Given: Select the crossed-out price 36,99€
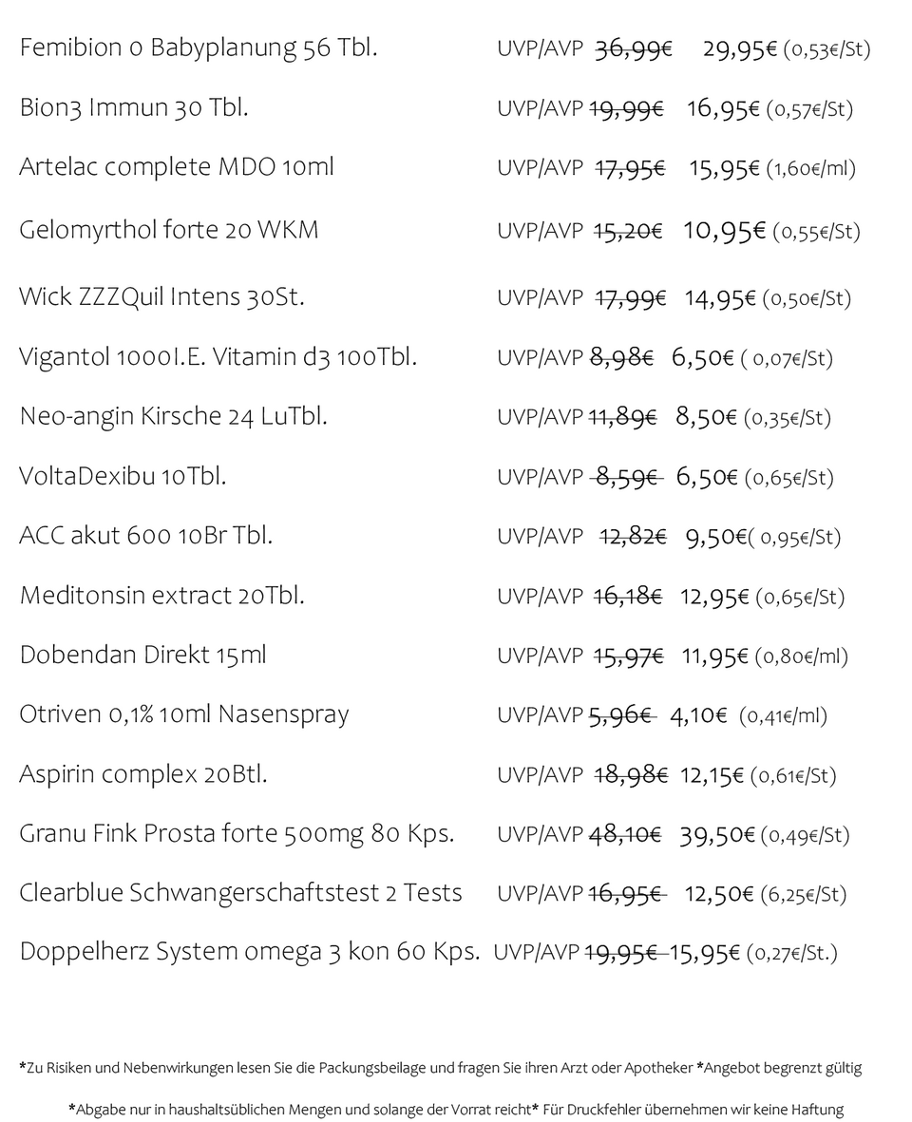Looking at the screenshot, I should (633, 49).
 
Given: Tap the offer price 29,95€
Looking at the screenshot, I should (740, 49).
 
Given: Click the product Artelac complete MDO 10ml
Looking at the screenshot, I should (177, 167).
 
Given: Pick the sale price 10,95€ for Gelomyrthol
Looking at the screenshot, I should (724, 231).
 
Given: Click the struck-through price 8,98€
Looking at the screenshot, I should (621, 358).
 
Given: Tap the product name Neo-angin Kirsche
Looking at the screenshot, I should (120, 416).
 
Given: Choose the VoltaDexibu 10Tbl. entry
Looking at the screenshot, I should (123, 476).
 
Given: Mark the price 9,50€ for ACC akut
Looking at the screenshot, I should (715, 537).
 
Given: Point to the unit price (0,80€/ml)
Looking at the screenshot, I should (801, 656).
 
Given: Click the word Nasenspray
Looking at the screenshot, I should (283, 715).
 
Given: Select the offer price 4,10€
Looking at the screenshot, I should (698, 715).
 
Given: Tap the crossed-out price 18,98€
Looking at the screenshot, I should (630, 775).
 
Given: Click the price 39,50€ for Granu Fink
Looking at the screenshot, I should (716, 835).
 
